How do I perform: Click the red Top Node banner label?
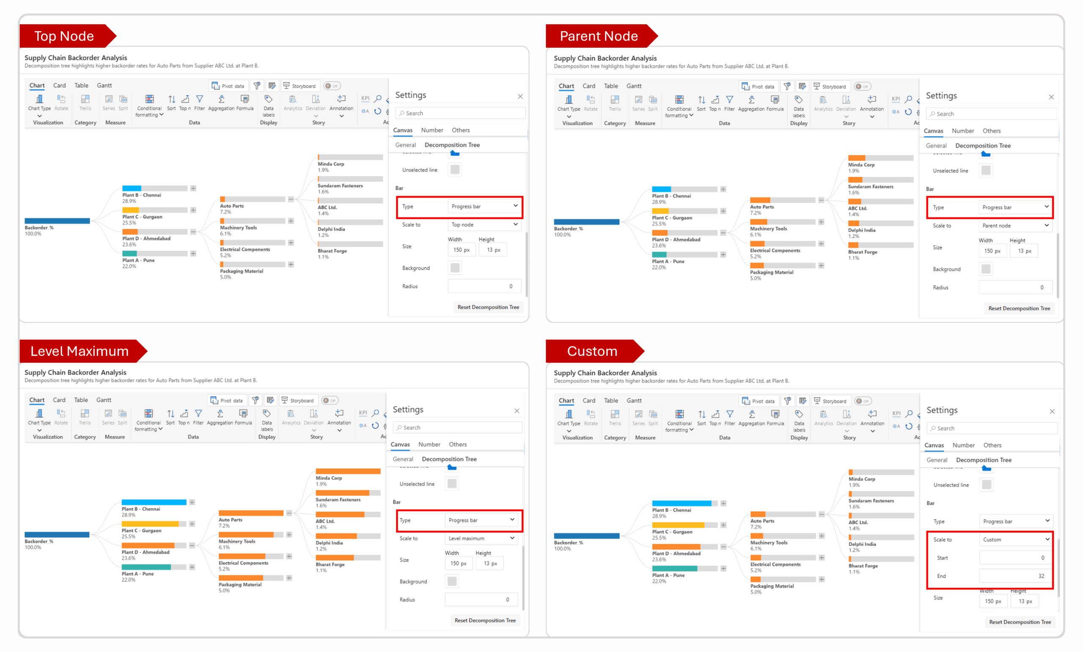point(64,36)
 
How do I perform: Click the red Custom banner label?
point(592,351)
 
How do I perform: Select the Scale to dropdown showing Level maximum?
point(481,538)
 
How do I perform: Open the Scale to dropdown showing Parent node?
point(1015,226)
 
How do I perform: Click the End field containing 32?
point(1015,576)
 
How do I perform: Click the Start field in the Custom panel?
point(1015,558)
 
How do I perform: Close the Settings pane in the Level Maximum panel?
point(517,411)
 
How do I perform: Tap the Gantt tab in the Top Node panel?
point(104,85)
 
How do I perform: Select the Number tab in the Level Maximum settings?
point(429,444)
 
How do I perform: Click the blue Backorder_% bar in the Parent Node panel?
point(586,222)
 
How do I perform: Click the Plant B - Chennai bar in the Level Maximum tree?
point(154,502)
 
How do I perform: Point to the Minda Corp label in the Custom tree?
point(862,479)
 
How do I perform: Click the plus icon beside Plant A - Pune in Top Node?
point(193,253)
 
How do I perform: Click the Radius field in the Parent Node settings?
point(1015,287)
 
